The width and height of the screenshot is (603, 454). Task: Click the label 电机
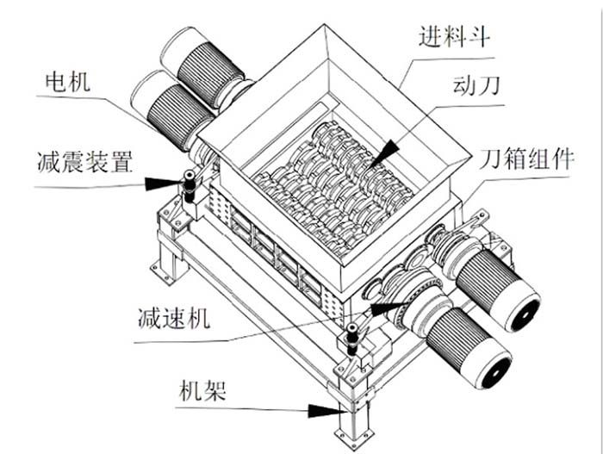[x=67, y=84]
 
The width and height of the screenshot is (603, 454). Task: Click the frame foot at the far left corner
[x=166, y=263]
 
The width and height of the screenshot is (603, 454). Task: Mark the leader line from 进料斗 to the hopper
[x=406, y=74]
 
